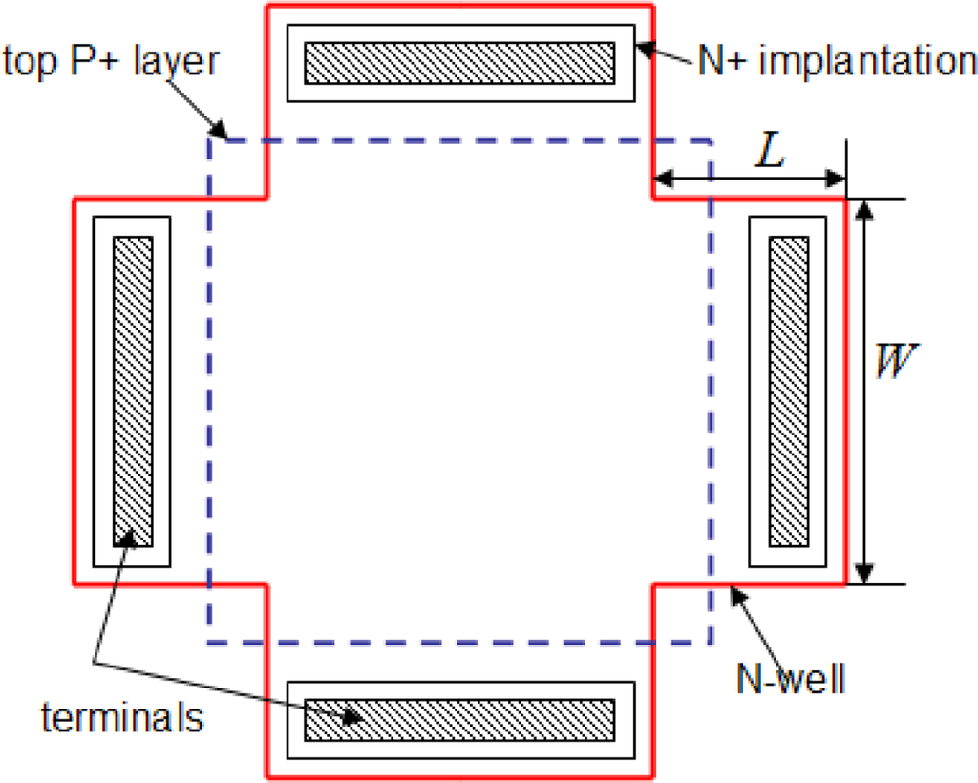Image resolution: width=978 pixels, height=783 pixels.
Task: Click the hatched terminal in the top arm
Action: tap(459, 63)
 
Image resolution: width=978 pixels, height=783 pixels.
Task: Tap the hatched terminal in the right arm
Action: tap(788, 391)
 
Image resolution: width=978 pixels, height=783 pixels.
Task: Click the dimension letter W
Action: tap(895, 363)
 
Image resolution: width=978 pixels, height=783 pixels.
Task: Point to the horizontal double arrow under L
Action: tap(749, 178)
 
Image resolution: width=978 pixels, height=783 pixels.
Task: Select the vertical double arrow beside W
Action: tap(863, 391)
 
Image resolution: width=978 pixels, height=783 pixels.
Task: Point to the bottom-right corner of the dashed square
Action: tap(710, 643)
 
